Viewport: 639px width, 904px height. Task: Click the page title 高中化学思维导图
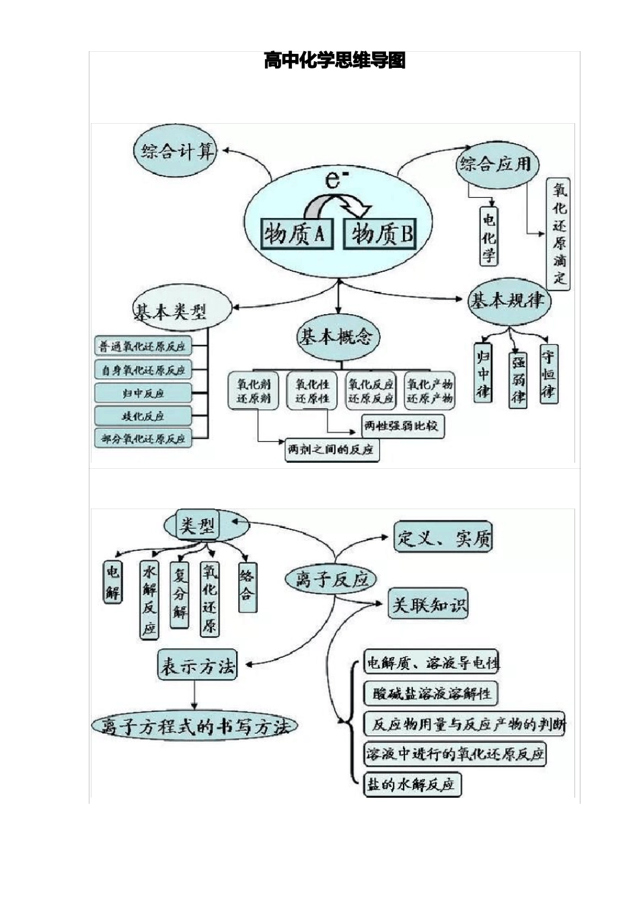334,61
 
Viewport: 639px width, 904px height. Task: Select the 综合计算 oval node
178,151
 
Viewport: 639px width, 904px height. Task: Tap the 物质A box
295,233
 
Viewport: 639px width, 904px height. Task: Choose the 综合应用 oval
495,163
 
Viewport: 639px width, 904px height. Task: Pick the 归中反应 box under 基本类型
143,393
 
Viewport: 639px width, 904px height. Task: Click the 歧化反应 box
143,416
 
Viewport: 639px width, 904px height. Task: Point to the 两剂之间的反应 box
330,449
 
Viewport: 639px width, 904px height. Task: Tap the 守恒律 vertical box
549,374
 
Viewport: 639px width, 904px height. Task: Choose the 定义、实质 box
443,537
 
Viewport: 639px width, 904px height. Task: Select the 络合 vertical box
247,585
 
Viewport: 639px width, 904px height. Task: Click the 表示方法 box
197,666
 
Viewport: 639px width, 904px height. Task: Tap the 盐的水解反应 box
411,784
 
